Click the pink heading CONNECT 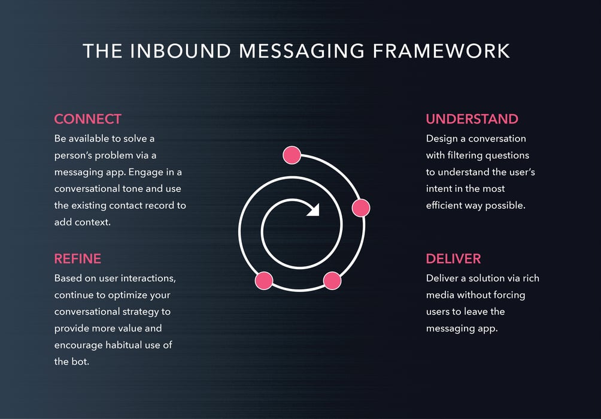tap(88, 119)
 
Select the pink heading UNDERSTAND tap(472, 119)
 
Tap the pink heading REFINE tap(77, 258)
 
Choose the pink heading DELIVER tap(453, 258)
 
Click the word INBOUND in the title tap(181, 51)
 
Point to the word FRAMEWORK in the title tap(441, 51)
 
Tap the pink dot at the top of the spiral tap(292, 155)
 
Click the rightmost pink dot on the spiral tap(361, 208)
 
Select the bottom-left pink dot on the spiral tap(264, 281)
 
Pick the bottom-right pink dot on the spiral tap(332, 281)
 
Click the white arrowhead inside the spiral tap(314, 210)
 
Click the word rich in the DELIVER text tap(531, 278)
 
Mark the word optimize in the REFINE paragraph tap(125, 296)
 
